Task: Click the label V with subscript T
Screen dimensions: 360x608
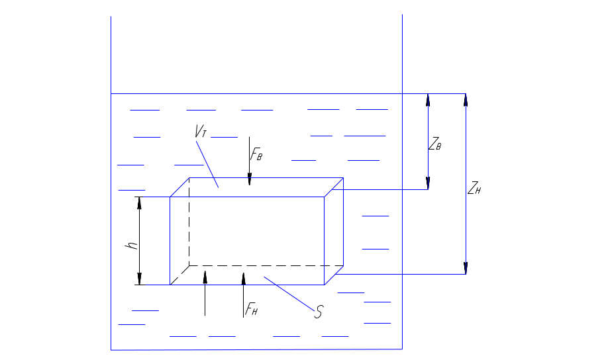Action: coord(199,131)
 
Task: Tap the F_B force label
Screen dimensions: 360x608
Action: coord(256,155)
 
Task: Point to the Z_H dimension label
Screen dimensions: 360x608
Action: coord(474,189)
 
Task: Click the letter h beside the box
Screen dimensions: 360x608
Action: coord(132,246)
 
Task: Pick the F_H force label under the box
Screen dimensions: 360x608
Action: coord(250,310)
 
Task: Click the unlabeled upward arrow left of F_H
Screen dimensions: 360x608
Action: coord(205,277)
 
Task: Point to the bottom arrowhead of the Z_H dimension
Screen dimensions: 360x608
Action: coord(466,268)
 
